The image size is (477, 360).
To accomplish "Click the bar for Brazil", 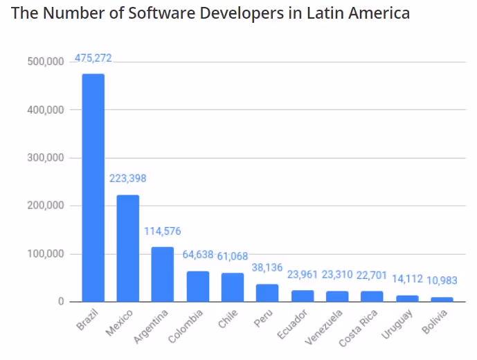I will pyautogui.click(x=93, y=188).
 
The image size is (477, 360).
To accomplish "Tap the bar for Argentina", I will pyautogui.click(x=163, y=274).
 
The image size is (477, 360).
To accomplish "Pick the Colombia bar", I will pyautogui.click(x=197, y=286).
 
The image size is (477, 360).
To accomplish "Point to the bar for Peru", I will pyautogui.click(x=267, y=293).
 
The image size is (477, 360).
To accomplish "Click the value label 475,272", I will pyautogui.click(x=93, y=58).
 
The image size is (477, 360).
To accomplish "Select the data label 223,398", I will pyautogui.click(x=128, y=179).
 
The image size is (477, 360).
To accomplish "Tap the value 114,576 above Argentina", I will pyautogui.click(x=163, y=231).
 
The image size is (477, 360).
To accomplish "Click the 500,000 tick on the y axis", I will pyautogui.click(x=46, y=62).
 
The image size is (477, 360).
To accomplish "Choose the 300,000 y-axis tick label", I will pyautogui.click(x=46, y=158).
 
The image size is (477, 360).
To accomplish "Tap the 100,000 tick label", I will pyautogui.click(x=46, y=254).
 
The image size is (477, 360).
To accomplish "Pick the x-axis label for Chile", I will pyautogui.click(x=226, y=320).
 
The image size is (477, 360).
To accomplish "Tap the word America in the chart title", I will pyautogui.click(x=378, y=13).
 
